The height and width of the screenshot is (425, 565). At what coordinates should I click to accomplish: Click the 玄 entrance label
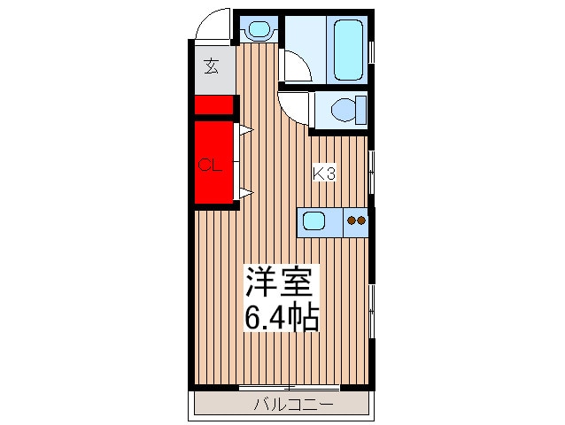tap(213, 66)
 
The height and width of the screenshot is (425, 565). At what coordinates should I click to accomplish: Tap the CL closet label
tap(208, 164)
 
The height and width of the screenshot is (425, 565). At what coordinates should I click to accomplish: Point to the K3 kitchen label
tap(324, 174)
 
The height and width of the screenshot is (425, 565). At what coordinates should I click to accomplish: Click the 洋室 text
tap(279, 286)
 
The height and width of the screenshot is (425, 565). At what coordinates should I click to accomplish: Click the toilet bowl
tap(342, 111)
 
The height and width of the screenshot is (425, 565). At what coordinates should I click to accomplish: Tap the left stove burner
tap(351, 220)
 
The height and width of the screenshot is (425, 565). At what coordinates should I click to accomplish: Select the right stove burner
tap(360, 220)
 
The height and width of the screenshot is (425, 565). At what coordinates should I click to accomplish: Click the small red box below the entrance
tap(213, 105)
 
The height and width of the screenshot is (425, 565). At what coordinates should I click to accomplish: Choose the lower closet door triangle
tap(245, 191)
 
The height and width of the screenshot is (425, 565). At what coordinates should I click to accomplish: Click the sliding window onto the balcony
tap(289, 388)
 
